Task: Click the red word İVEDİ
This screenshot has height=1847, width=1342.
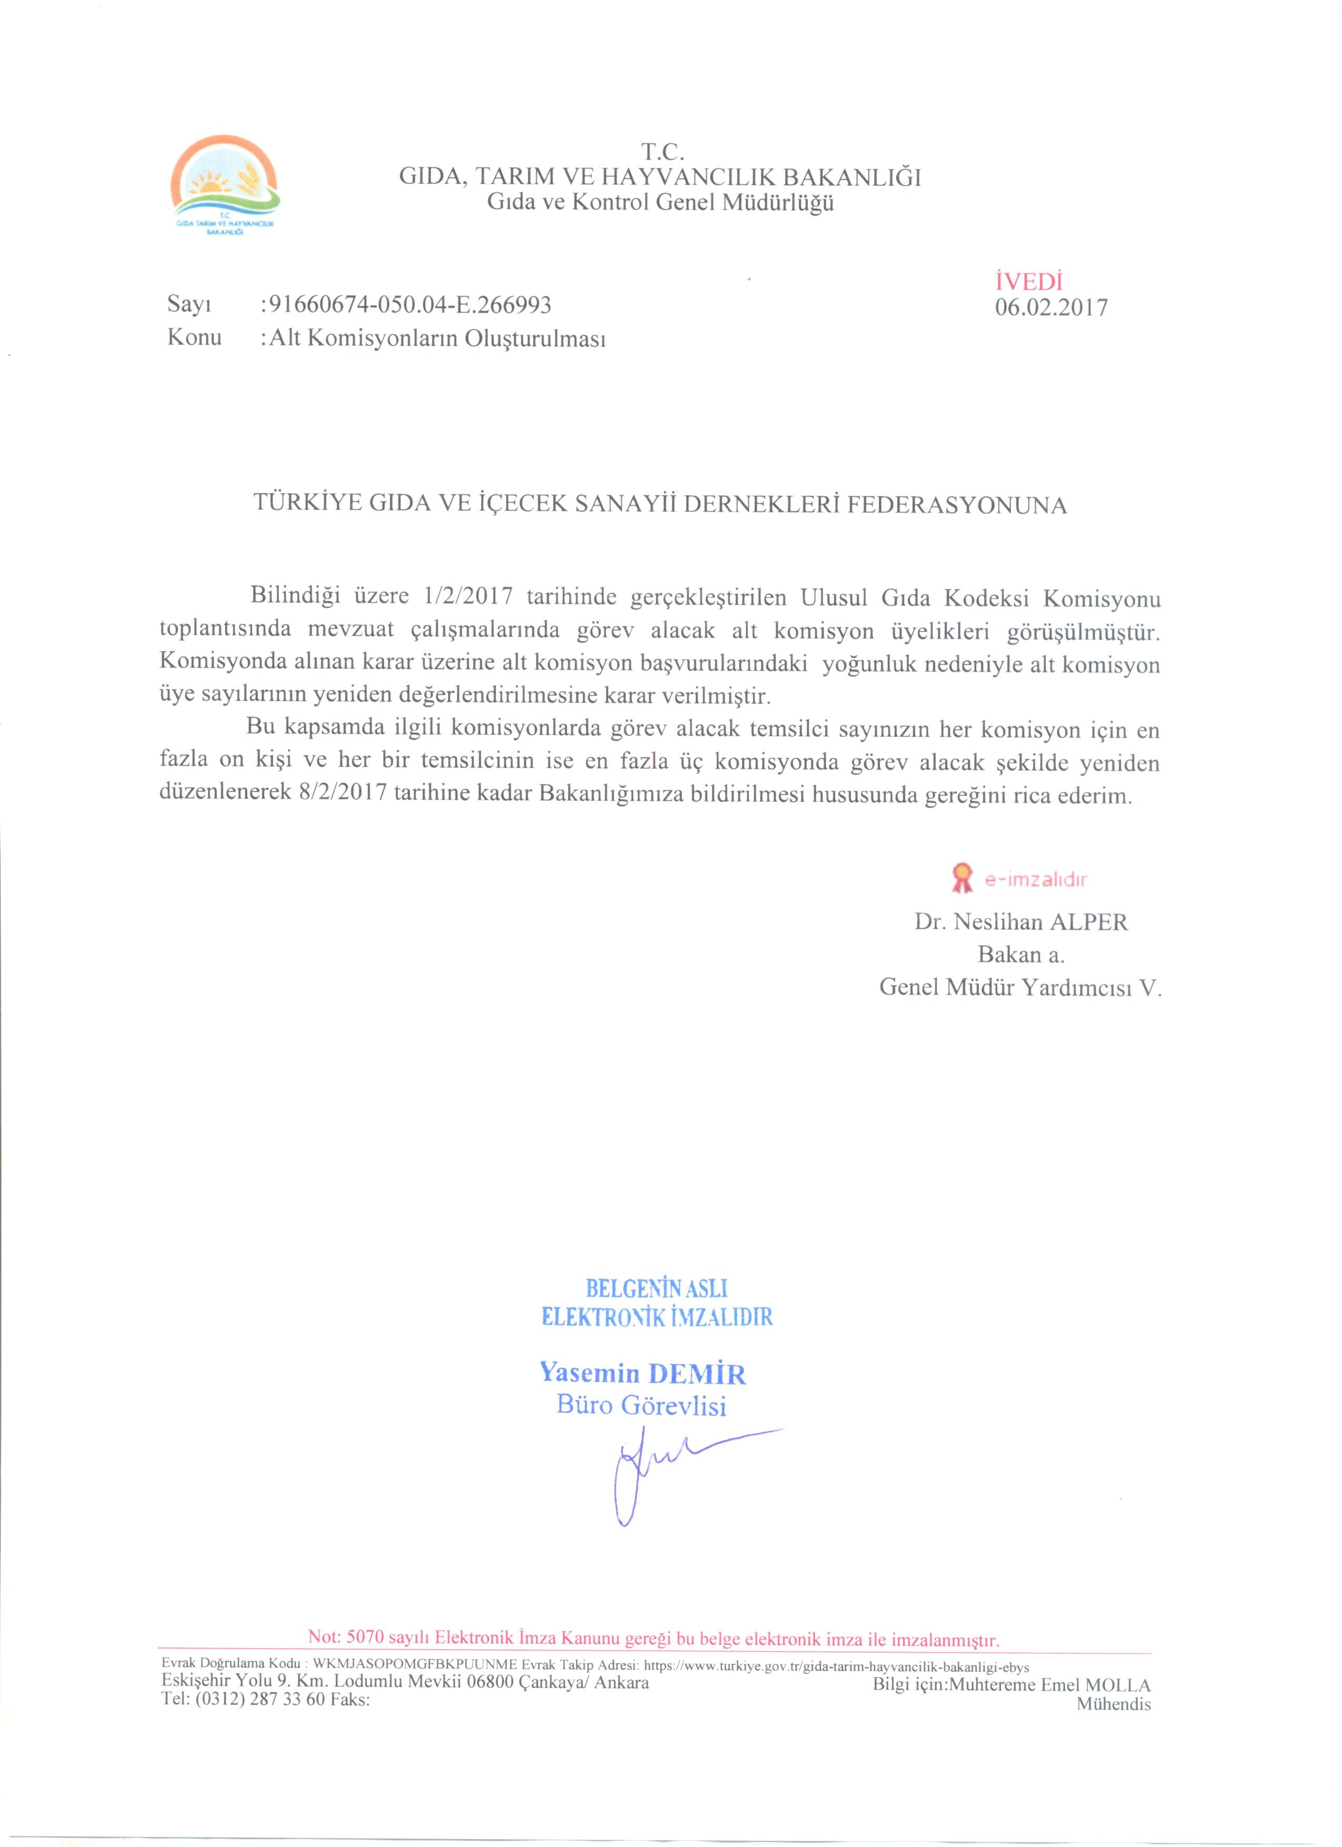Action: [1028, 282]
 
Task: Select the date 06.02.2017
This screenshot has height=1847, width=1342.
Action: [1050, 308]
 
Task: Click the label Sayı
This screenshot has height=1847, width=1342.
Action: [189, 305]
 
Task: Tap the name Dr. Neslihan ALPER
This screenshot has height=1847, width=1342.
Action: [1021, 922]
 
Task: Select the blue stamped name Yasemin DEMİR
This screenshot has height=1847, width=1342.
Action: [643, 1374]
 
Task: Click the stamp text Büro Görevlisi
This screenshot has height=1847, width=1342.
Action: [641, 1406]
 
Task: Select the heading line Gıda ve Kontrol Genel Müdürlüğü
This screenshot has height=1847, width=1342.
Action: [660, 204]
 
